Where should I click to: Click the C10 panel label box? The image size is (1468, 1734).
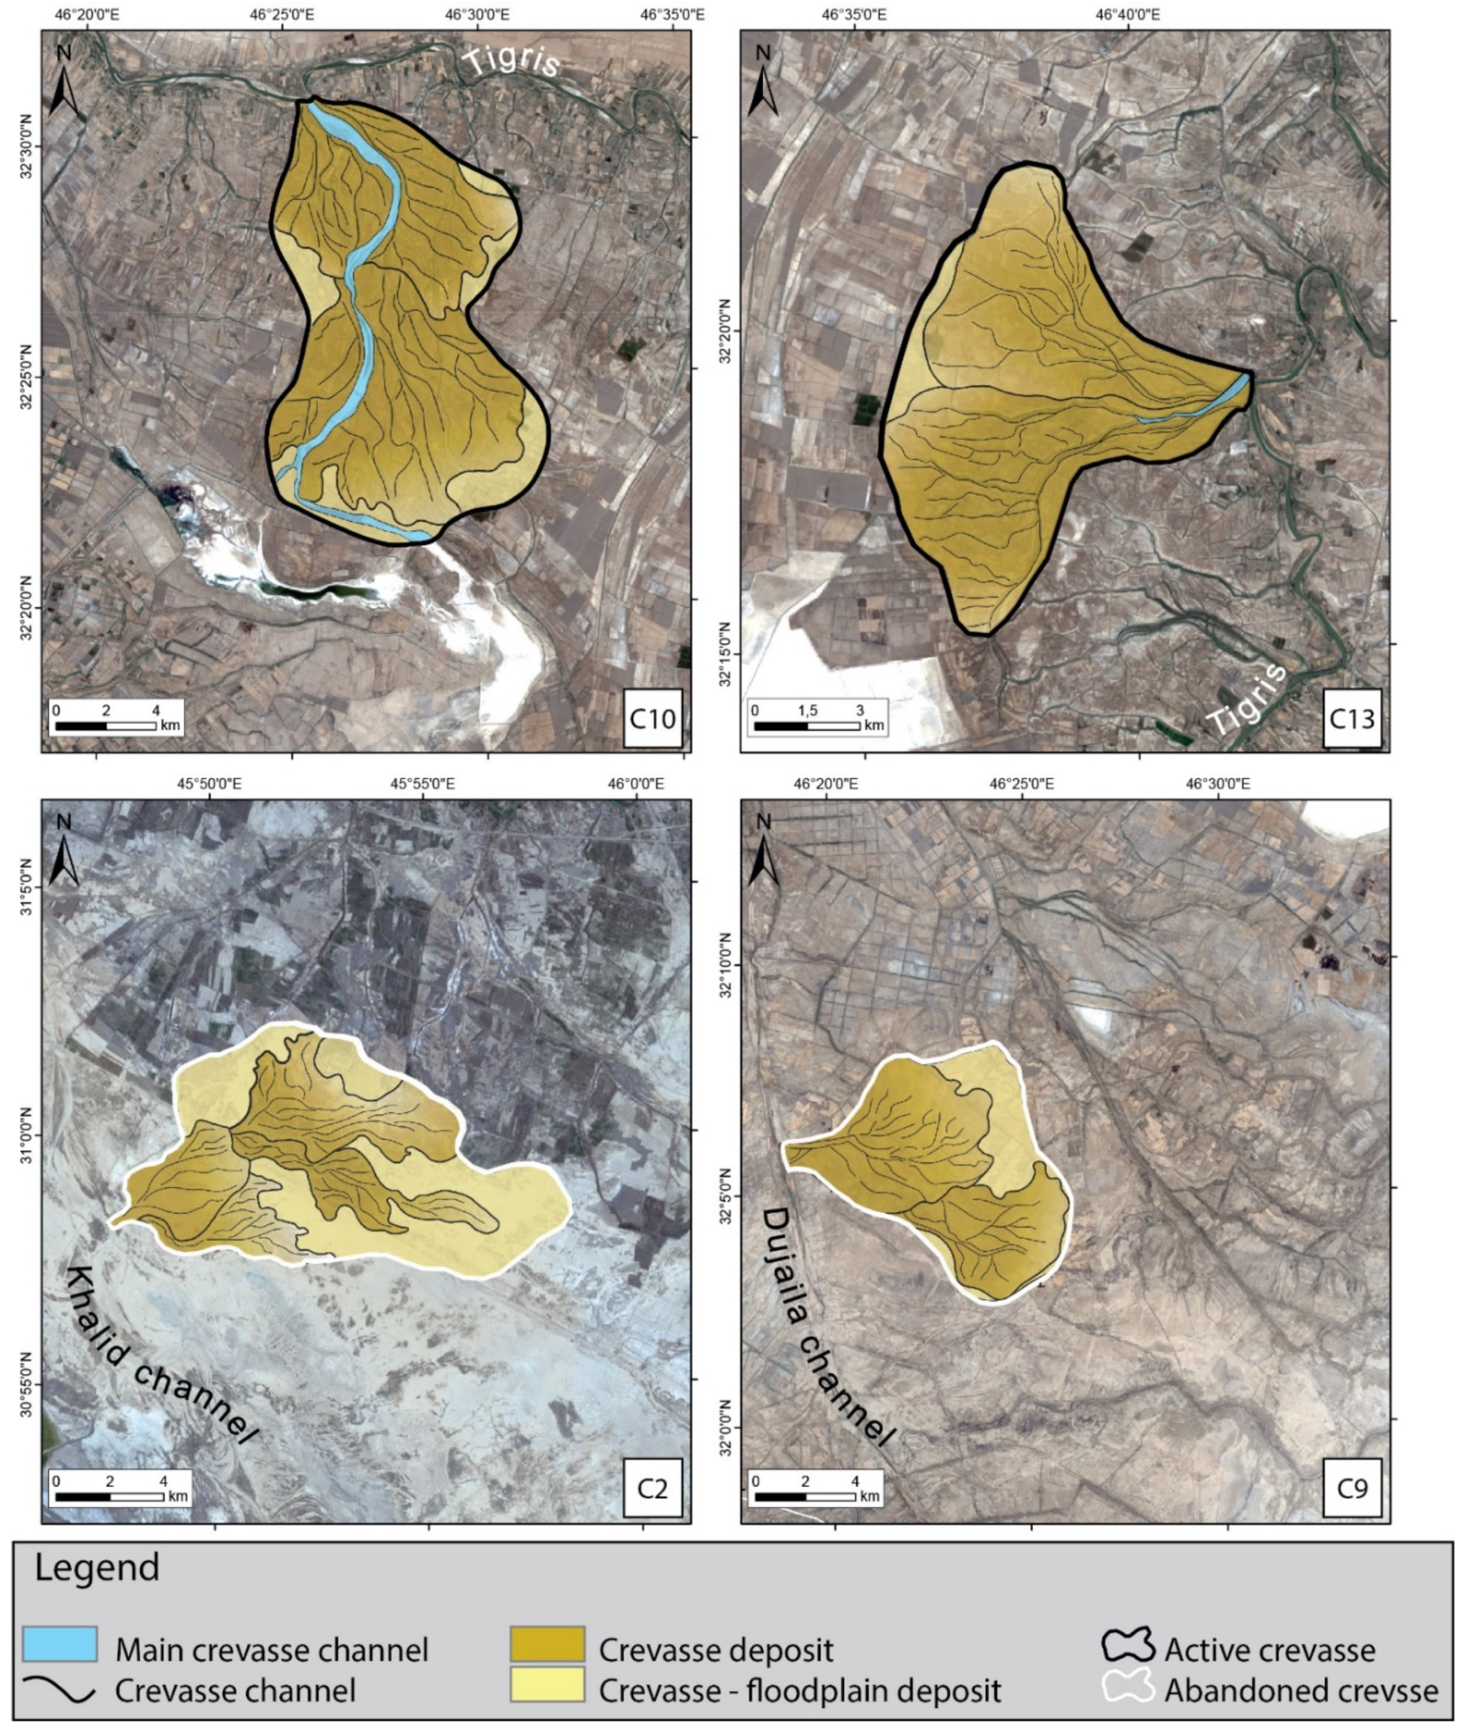click(x=653, y=719)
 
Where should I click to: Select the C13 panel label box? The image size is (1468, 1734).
click(x=1352, y=719)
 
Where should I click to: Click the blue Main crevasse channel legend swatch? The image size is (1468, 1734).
click(x=60, y=1644)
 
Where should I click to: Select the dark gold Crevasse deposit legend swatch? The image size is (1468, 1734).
click(x=547, y=1644)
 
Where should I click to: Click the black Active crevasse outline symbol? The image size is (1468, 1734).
click(x=1127, y=1644)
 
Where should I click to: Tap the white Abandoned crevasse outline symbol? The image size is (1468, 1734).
click(x=1127, y=1686)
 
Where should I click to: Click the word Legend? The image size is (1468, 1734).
click(x=97, y=1568)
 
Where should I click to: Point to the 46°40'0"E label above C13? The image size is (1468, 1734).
click(x=1129, y=14)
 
